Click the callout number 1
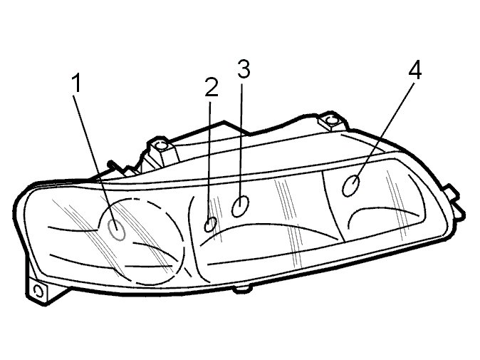pos(76,83)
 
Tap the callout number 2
pos(212,87)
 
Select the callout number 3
pos(244,69)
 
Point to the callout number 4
pos(414,71)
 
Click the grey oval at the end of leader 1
pos(117,230)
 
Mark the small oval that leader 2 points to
pos(210,225)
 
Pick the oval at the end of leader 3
pos(240,206)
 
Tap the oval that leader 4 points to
pos(350,185)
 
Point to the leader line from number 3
pos(241,140)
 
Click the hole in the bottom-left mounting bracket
pos(38,291)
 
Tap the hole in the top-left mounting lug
pos(161,145)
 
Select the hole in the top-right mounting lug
pos(331,120)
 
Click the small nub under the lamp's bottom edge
pos(241,289)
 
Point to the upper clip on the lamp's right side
pos(452,192)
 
